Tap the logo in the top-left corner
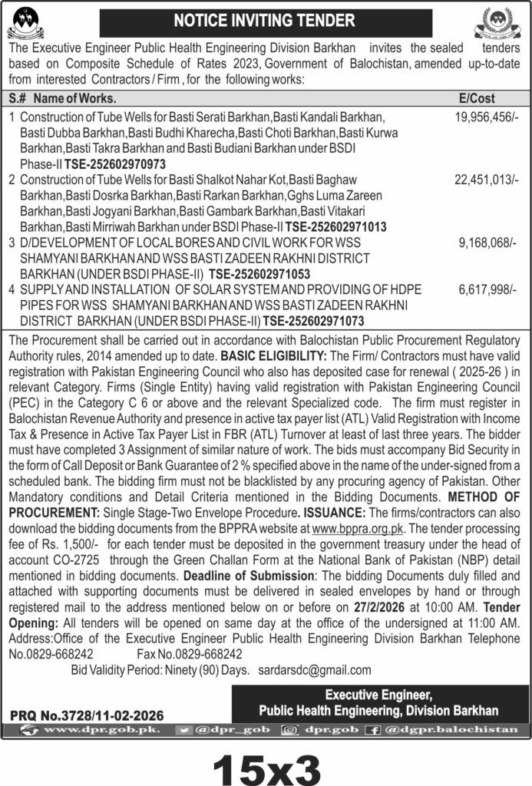coord(25,21)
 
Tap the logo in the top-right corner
coord(504,21)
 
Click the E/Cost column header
coord(477,99)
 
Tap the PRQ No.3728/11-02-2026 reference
coord(86,715)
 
